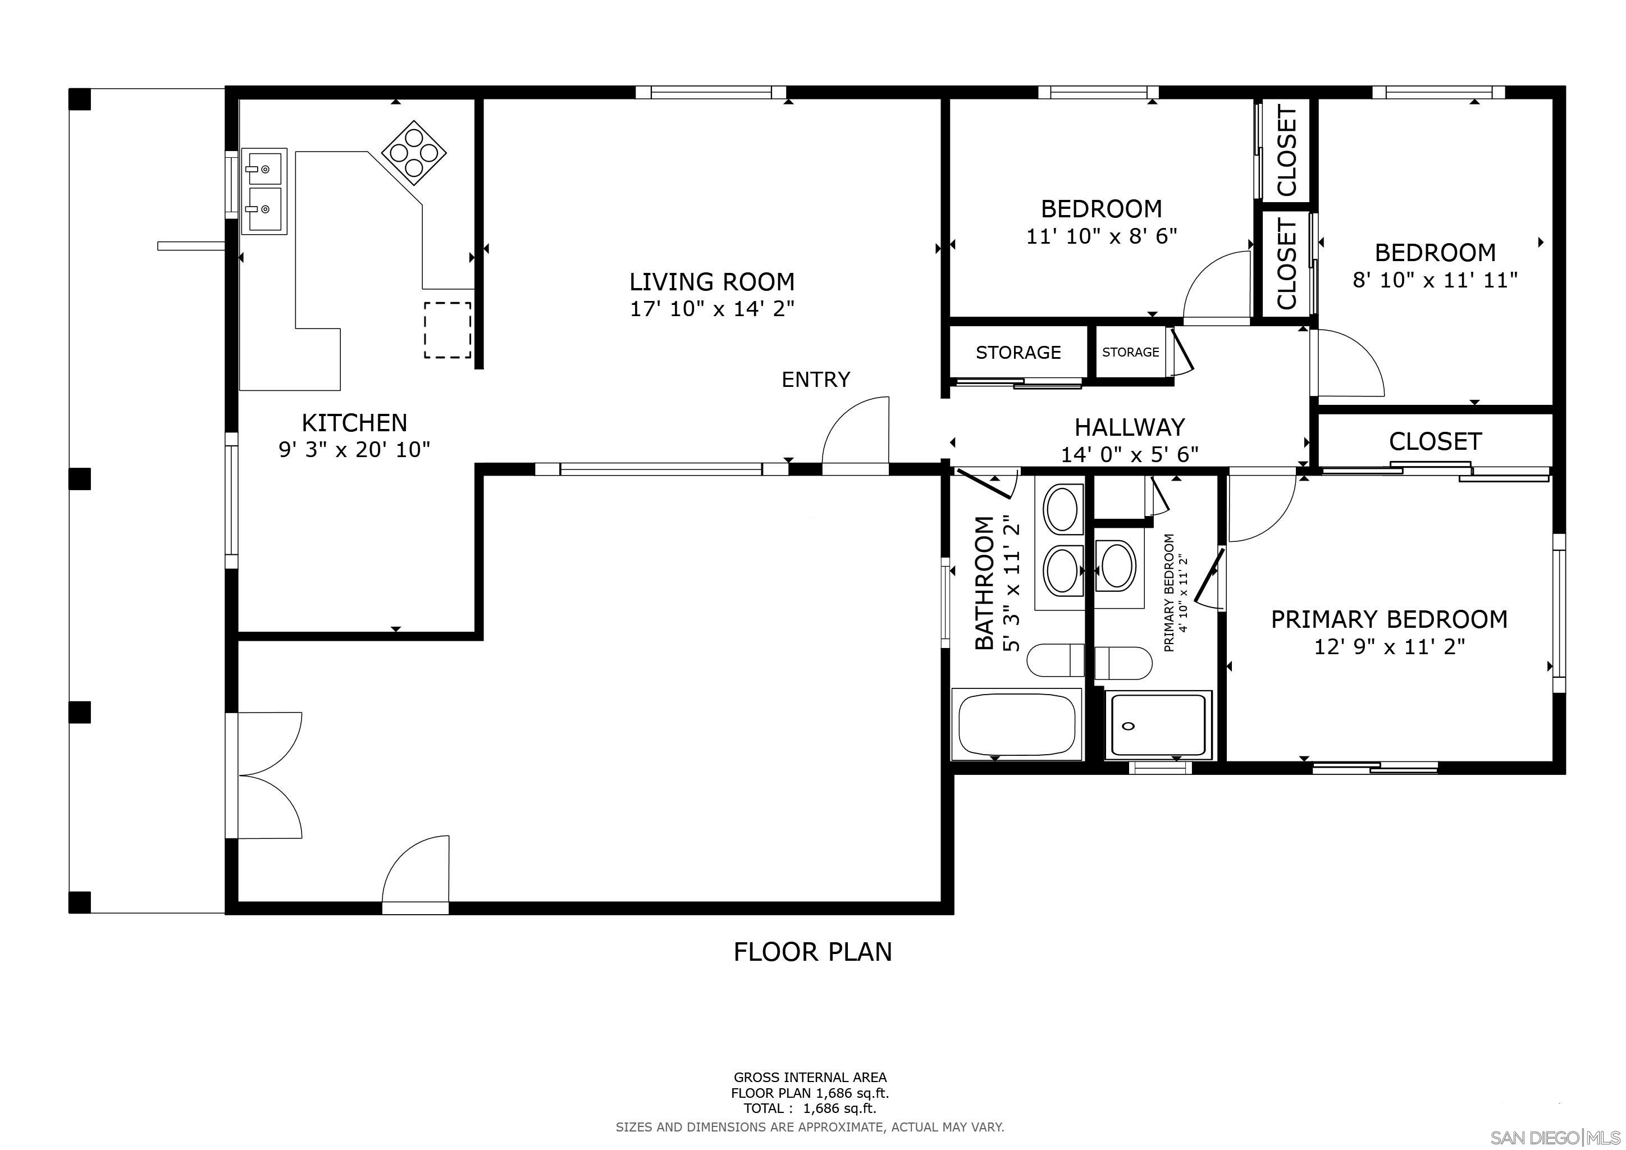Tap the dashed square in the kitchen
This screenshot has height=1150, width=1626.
[x=447, y=330]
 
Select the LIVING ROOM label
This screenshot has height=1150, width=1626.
[x=712, y=282]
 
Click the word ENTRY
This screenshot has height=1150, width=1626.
[x=816, y=380]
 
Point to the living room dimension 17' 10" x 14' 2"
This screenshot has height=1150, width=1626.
[x=712, y=309]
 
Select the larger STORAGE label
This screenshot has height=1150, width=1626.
[x=1018, y=353]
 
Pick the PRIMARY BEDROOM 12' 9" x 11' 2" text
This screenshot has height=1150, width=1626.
[x=1389, y=632]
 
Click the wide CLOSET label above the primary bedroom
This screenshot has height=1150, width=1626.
[x=1435, y=442]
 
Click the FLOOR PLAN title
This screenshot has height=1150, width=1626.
[x=812, y=952]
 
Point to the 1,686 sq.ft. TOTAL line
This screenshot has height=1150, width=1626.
[x=810, y=1108]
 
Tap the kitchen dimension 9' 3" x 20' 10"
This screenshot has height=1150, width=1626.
[x=354, y=450]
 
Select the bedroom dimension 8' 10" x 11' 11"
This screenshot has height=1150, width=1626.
[x=1435, y=280]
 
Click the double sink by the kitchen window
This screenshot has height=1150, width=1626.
[x=263, y=190]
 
